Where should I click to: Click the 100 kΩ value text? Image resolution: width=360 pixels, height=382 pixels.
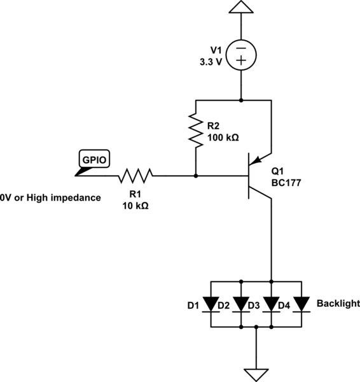(223, 137)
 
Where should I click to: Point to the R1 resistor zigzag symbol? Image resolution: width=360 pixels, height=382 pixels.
(134, 175)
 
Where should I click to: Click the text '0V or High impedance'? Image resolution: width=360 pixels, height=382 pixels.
(51, 197)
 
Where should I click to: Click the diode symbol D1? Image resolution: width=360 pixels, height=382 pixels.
(211, 304)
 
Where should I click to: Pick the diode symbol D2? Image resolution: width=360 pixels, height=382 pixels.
(241, 304)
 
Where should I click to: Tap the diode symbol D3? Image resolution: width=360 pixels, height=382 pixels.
(272, 304)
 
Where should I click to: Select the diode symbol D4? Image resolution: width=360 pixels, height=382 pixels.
(302, 304)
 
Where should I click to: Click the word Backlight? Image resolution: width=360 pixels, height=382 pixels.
(338, 304)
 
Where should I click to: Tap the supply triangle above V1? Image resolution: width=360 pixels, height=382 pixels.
(241, 8)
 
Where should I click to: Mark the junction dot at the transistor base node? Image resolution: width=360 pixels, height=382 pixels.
(195, 175)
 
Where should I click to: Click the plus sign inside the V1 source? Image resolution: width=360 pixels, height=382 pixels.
(241, 60)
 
